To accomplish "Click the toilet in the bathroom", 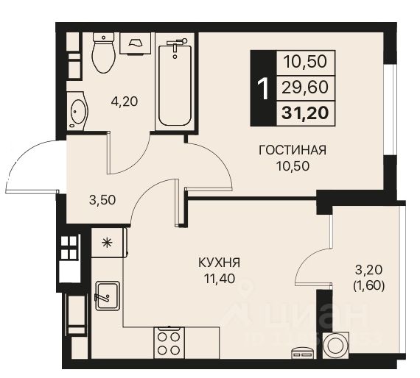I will [103, 54].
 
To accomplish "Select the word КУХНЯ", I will [220, 261].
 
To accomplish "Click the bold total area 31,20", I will [304, 113].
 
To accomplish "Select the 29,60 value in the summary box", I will [304, 88].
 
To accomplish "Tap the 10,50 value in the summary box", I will [304, 62].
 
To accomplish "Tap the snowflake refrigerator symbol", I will [107, 241].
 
